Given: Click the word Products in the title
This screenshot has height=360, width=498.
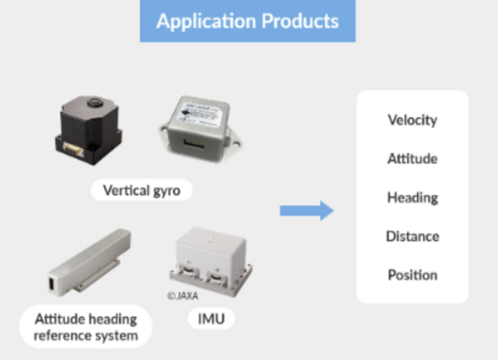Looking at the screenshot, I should (x=300, y=21).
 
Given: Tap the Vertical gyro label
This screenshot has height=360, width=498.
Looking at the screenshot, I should (x=141, y=190).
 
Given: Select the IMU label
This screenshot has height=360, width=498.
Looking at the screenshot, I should (x=211, y=320).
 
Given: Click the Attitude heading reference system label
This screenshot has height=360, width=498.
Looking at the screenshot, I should (x=85, y=327).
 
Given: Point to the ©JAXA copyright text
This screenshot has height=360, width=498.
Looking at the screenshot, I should (x=183, y=296).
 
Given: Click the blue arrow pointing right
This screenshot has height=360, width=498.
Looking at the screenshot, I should (x=306, y=211).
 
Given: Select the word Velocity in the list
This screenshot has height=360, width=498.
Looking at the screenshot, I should (x=412, y=120).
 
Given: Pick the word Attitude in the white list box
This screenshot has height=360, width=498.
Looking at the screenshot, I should (x=412, y=159).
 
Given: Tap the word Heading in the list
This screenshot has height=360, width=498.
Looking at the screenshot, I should (x=412, y=198).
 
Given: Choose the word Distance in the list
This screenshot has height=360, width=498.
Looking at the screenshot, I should (x=412, y=236).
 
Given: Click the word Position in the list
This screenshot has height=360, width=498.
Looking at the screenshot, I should (x=412, y=275).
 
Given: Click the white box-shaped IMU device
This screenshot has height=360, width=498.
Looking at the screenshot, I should (x=211, y=259).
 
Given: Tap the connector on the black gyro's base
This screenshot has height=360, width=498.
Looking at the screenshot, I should (x=73, y=150).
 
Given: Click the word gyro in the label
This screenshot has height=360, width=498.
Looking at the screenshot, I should (x=167, y=191).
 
